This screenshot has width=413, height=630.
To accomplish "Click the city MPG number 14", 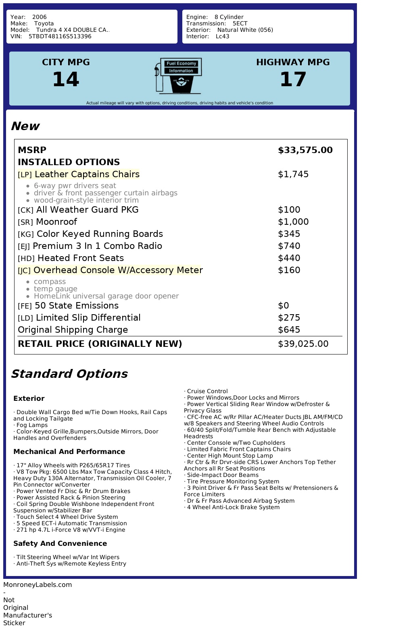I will click(x=66, y=79).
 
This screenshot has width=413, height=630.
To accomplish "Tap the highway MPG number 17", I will click(x=293, y=79).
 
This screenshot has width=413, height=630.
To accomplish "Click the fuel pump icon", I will click(x=178, y=76).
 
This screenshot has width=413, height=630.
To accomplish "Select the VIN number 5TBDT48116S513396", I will click(x=60, y=36).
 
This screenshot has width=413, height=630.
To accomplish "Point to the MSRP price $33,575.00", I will click(x=305, y=150).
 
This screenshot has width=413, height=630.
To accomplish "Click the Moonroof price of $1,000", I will click(x=293, y=222).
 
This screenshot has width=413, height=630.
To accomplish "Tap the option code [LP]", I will click(x=25, y=175).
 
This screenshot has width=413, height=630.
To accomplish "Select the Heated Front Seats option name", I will click(x=81, y=258).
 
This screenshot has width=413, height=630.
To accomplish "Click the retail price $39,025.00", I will click(x=303, y=344).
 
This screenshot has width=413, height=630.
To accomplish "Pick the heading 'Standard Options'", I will click(x=69, y=374).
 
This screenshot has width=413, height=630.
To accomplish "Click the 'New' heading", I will click(x=25, y=126).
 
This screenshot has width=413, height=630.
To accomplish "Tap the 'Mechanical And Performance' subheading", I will click(x=69, y=452).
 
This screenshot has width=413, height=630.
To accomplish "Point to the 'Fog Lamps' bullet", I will click(x=32, y=425).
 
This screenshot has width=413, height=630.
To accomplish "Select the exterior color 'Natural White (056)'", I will click(x=245, y=30).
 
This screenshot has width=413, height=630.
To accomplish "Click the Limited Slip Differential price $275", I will click(x=289, y=318).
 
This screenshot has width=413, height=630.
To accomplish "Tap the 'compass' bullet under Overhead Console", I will click(x=50, y=282).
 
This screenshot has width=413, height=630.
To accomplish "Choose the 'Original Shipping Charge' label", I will click(x=73, y=330).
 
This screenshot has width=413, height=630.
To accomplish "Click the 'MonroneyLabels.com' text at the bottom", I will click(x=38, y=584).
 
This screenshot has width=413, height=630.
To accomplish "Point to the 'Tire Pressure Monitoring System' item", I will click(x=233, y=481).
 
